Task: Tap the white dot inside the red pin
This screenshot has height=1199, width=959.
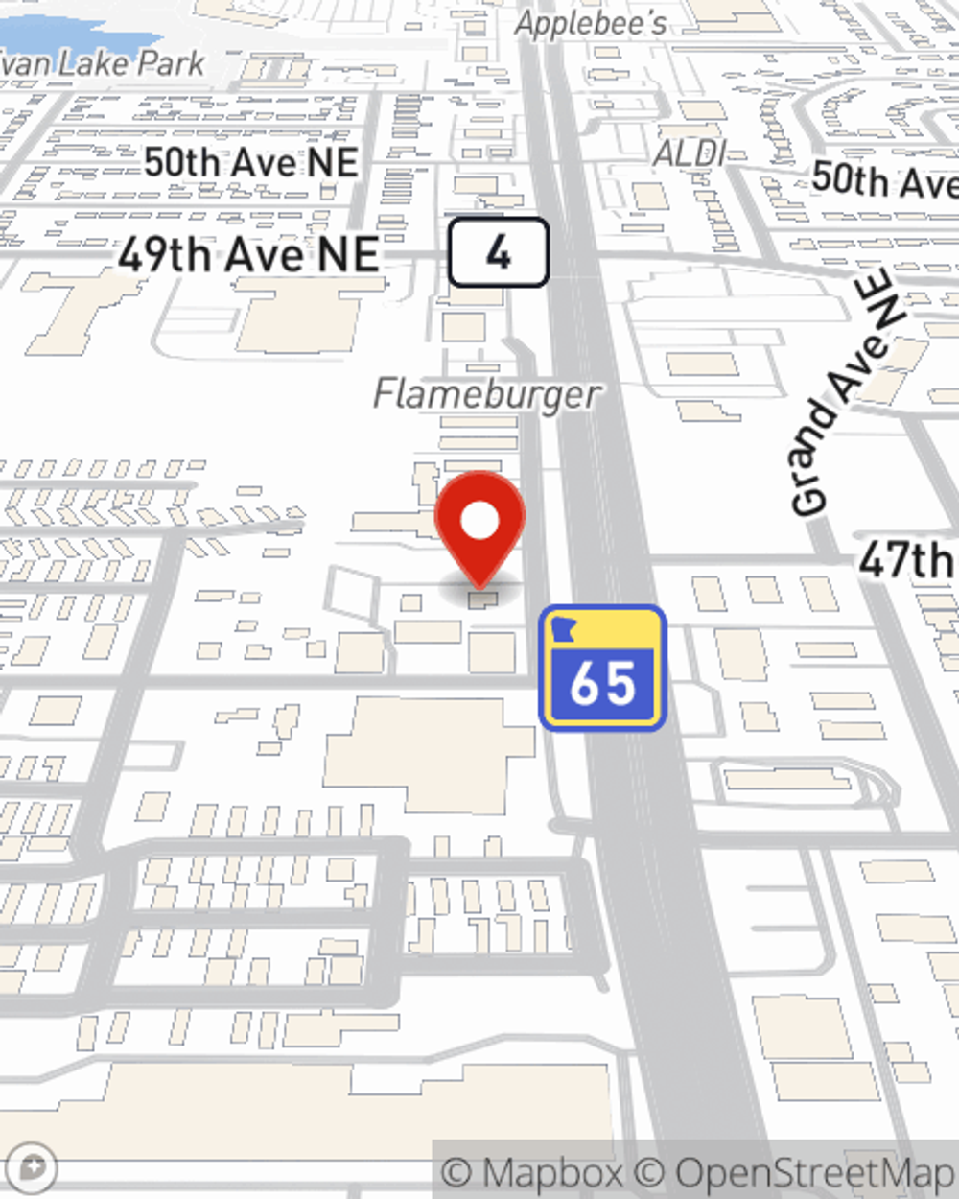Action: click(x=479, y=521)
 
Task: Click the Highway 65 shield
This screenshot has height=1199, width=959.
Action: click(x=602, y=668)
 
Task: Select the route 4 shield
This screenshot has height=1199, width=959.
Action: click(x=499, y=252)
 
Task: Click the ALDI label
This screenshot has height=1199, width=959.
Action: click(x=690, y=153)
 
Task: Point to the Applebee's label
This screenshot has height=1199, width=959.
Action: click(x=590, y=23)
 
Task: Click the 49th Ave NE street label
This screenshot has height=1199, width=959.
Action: click(x=248, y=255)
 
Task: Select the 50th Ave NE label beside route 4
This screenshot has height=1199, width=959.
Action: click(x=251, y=162)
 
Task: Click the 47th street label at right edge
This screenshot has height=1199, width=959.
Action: click(x=907, y=559)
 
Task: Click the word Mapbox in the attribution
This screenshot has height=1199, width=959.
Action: click(x=552, y=1173)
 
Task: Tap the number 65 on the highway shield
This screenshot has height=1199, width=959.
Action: click(x=602, y=683)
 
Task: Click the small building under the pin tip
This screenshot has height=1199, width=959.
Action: click(x=483, y=599)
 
